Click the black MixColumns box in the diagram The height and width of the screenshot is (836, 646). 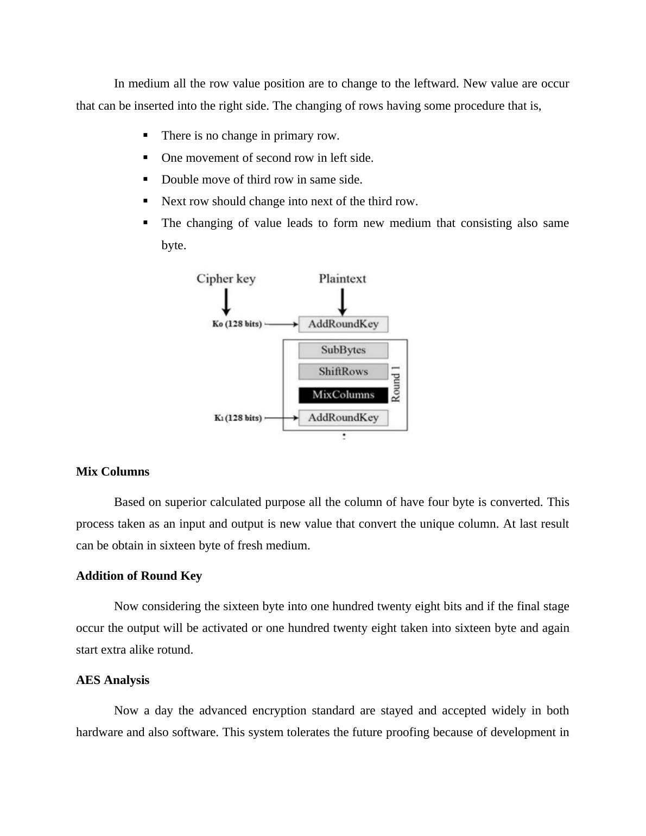click(343, 395)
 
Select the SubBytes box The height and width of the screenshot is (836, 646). click(343, 350)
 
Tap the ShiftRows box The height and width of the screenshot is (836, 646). click(343, 372)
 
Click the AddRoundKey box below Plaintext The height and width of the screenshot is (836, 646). click(343, 324)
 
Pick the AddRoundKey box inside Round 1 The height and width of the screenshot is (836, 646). click(343, 417)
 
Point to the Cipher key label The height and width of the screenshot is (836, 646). click(226, 279)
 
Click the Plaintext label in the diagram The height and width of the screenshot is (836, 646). click(342, 279)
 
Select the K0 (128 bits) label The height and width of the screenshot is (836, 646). click(237, 324)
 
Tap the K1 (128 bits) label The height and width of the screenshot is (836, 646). click(238, 418)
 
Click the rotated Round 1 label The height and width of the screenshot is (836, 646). click(396, 384)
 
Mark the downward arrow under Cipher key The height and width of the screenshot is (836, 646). click(226, 301)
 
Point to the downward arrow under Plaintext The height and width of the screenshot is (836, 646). click(342, 301)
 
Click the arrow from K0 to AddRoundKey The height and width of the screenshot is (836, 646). click(281, 325)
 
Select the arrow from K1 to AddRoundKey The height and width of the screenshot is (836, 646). click(281, 418)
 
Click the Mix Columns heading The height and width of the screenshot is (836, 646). click(112, 471)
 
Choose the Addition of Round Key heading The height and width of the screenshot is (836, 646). click(139, 575)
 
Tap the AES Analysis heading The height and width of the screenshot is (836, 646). click(112, 680)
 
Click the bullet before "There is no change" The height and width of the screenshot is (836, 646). click(145, 135)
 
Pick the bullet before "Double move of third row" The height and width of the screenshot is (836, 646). click(145, 179)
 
